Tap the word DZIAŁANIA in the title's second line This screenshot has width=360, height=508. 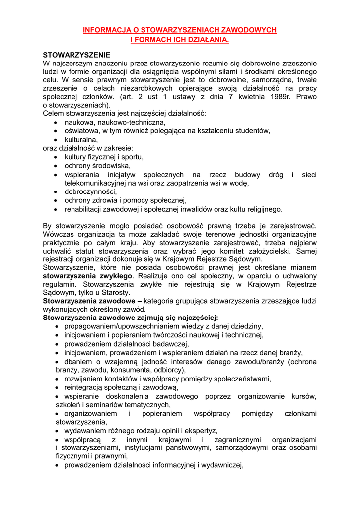pyautogui.click(x=207, y=39)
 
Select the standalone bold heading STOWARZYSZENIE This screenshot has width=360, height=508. pyautogui.click(x=76, y=55)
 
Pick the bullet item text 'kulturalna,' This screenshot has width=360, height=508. pyautogui.click(x=81, y=140)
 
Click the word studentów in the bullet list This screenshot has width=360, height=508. pyautogui.click(x=252, y=131)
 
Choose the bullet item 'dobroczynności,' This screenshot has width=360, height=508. pyautogui.click(x=90, y=191)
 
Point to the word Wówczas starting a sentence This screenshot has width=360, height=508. pyautogui.click(x=59, y=234)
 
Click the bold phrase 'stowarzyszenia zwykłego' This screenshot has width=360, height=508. pyautogui.click(x=87, y=275)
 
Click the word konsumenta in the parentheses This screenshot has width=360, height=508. pyautogui.click(x=125, y=370)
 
